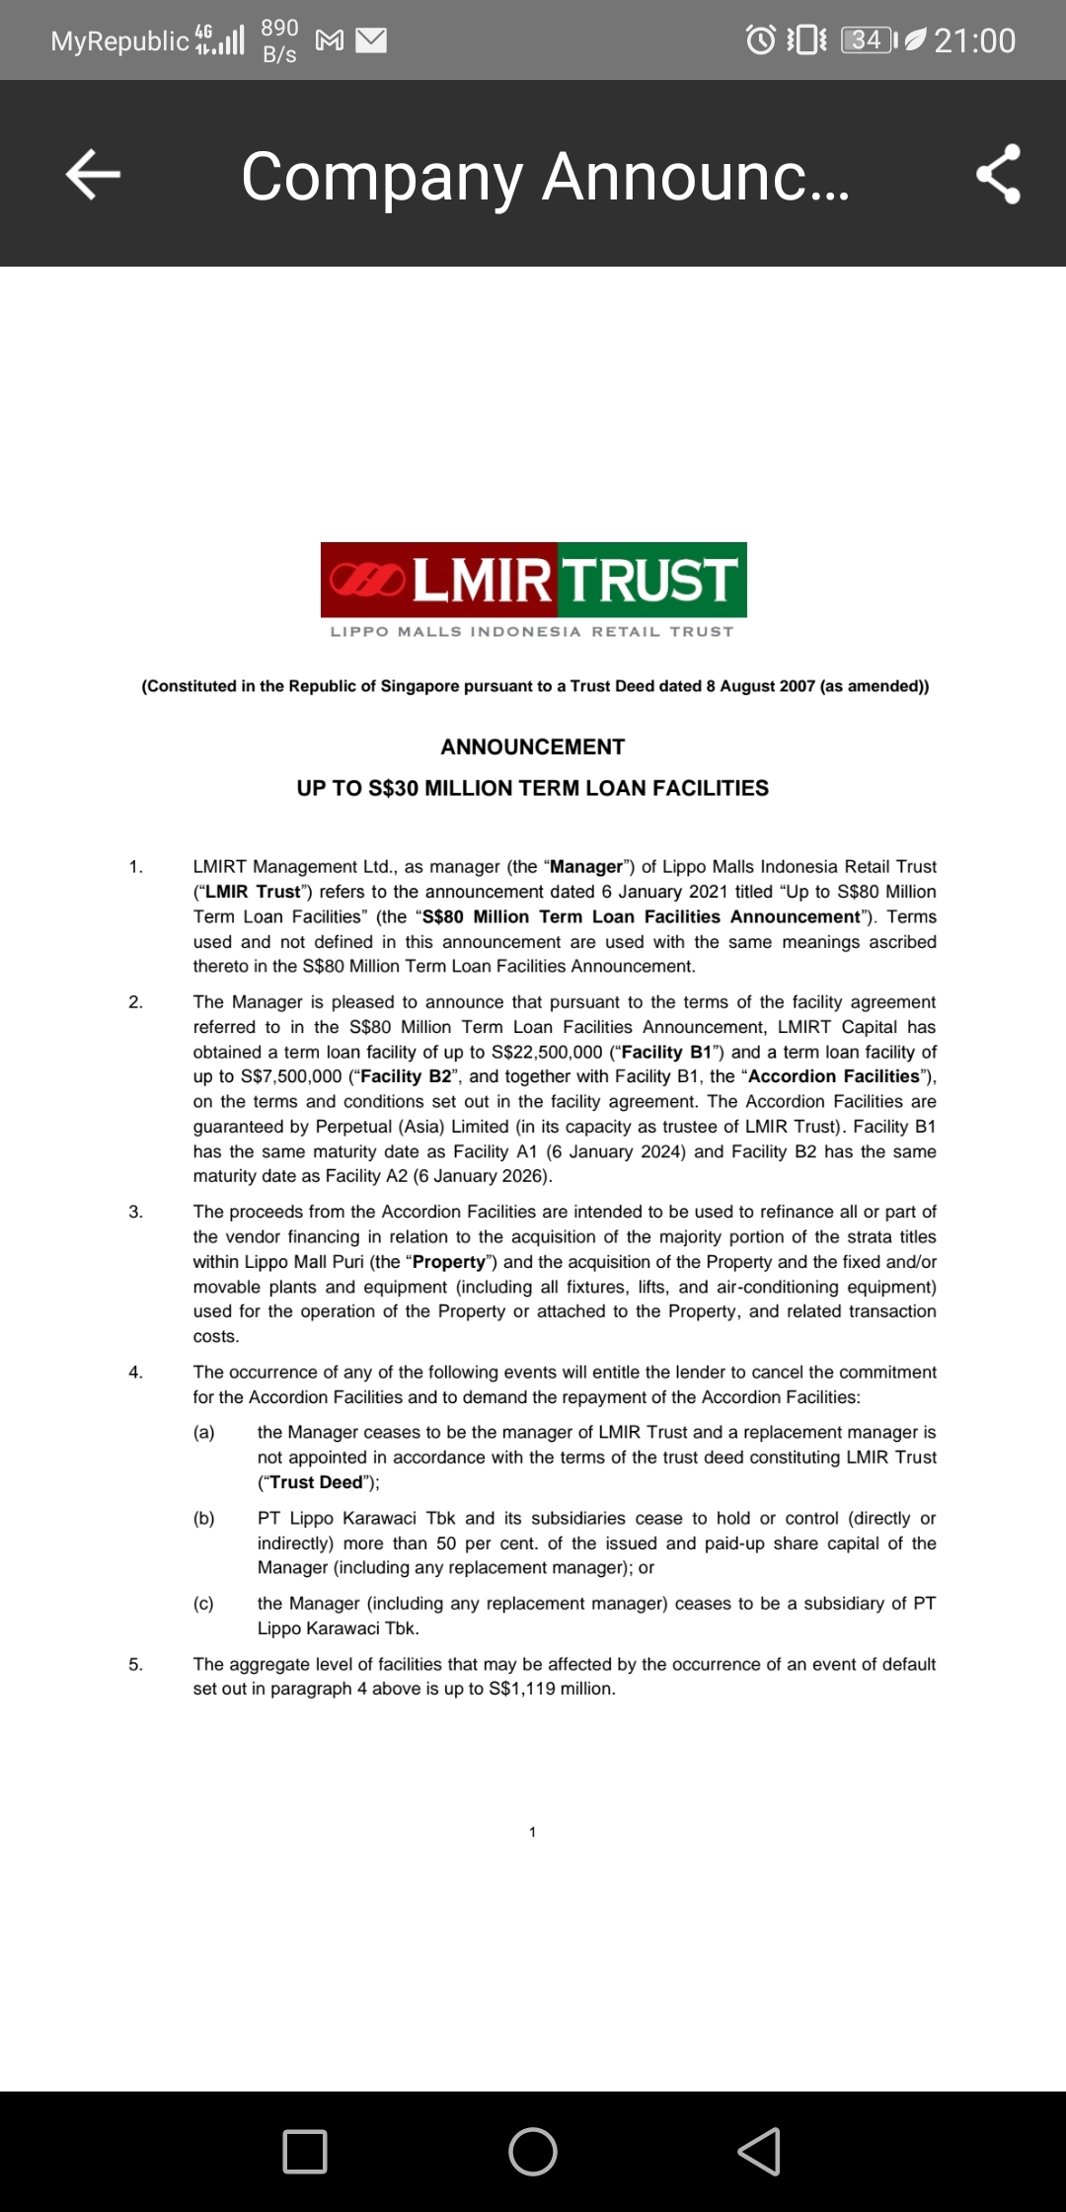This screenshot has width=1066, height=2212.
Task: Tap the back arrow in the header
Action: click(93, 175)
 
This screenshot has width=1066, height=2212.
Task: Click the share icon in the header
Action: click(998, 175)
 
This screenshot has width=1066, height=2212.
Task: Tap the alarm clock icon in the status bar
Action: click(760, 40)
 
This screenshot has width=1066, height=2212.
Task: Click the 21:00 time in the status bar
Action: click(974, 40)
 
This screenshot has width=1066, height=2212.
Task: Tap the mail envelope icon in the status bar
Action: click(371, 40)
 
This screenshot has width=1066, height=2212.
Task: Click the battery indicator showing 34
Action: click(869, 40)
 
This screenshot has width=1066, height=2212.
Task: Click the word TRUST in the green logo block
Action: click(651, 580)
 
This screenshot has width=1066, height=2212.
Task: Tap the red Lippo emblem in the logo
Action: click(366, 580)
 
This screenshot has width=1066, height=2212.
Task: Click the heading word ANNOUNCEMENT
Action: click(532, 747)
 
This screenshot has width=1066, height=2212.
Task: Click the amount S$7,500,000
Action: click(291, 1076)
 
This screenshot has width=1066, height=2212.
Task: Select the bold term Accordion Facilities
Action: click(834, 1076)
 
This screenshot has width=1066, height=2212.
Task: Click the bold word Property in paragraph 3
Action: click(449, 1262)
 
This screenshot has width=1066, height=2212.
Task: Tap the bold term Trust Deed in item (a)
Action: click(316, 1482)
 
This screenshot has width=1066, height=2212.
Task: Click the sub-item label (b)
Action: click(204, 1518)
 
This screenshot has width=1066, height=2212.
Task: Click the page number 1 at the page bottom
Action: click(532, 1832)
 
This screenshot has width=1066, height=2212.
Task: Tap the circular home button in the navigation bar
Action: click(532, 2151)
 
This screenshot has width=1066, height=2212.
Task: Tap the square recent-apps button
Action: click(305, 2151)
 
